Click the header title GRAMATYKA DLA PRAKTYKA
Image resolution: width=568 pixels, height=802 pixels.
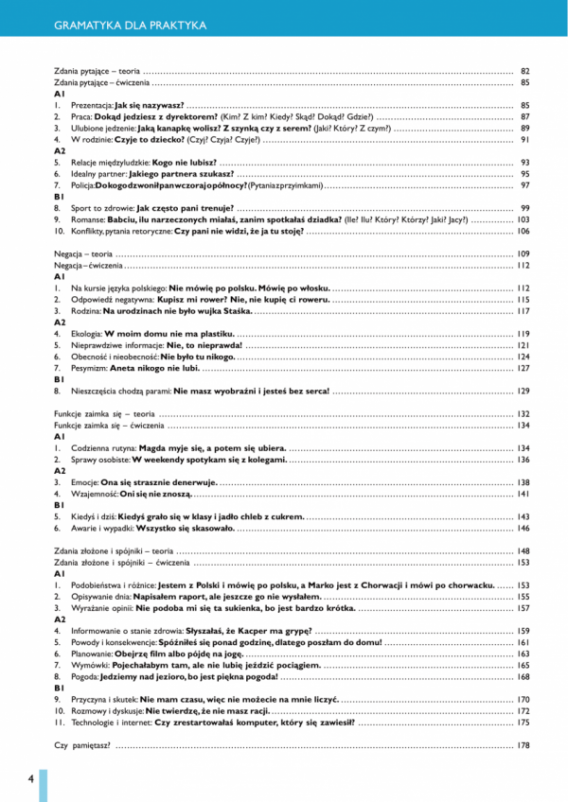pyautogui.click(x=132, y=24)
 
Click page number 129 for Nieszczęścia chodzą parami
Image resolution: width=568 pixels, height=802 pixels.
pyautogui.click(x=523, y=392)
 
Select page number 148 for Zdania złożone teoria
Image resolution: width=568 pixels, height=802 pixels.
pyautogui.click(x=523, y=551)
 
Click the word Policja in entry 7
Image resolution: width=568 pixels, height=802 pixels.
pyautogui.click(x=80, y=185)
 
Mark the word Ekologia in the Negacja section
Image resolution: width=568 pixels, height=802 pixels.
pyautogui.click(x=83, y=334)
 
